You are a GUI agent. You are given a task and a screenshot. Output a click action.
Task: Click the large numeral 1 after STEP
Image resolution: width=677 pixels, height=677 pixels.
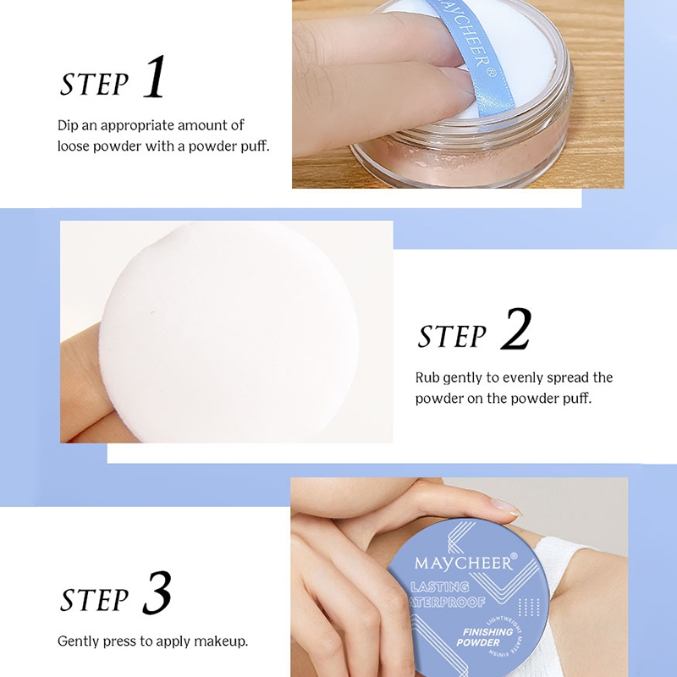(x=155, y=77)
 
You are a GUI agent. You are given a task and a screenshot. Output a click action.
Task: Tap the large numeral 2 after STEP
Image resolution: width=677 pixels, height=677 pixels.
(x=515, y=328)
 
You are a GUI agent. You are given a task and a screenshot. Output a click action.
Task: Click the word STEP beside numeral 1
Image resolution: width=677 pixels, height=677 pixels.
(x=94, y=84)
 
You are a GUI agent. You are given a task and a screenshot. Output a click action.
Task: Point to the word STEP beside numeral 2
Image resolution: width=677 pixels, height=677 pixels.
(x=452, y=336)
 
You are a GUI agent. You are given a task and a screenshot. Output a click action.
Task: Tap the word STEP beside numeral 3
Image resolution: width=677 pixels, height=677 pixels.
(x=94, y=599)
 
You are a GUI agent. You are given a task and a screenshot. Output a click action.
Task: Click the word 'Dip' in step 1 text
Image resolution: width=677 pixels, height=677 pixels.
(x=68, y=125)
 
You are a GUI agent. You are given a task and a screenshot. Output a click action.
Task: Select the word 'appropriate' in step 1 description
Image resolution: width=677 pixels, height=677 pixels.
(x=137, y=125)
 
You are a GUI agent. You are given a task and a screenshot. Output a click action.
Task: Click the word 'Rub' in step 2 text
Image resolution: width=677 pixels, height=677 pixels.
(x=427, y=377)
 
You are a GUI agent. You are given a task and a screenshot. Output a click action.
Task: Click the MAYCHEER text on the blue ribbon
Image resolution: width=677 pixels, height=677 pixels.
(x=471, y=40)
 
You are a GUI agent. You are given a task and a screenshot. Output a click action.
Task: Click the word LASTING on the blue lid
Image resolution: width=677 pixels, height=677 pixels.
(x=440, y=586)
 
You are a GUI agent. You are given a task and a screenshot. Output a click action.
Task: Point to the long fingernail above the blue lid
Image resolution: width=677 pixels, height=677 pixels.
(x=506, y=507)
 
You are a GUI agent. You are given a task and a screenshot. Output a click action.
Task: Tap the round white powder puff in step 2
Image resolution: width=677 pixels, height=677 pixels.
(x=228, y=333)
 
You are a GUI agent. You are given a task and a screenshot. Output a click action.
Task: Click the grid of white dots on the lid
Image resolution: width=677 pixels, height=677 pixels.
(x=529, y=607)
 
